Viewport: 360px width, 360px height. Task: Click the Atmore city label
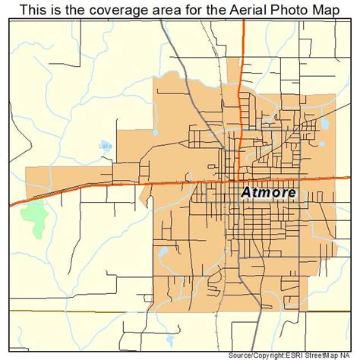coord(269,193)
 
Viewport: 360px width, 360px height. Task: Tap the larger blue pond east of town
coord(324,122)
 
